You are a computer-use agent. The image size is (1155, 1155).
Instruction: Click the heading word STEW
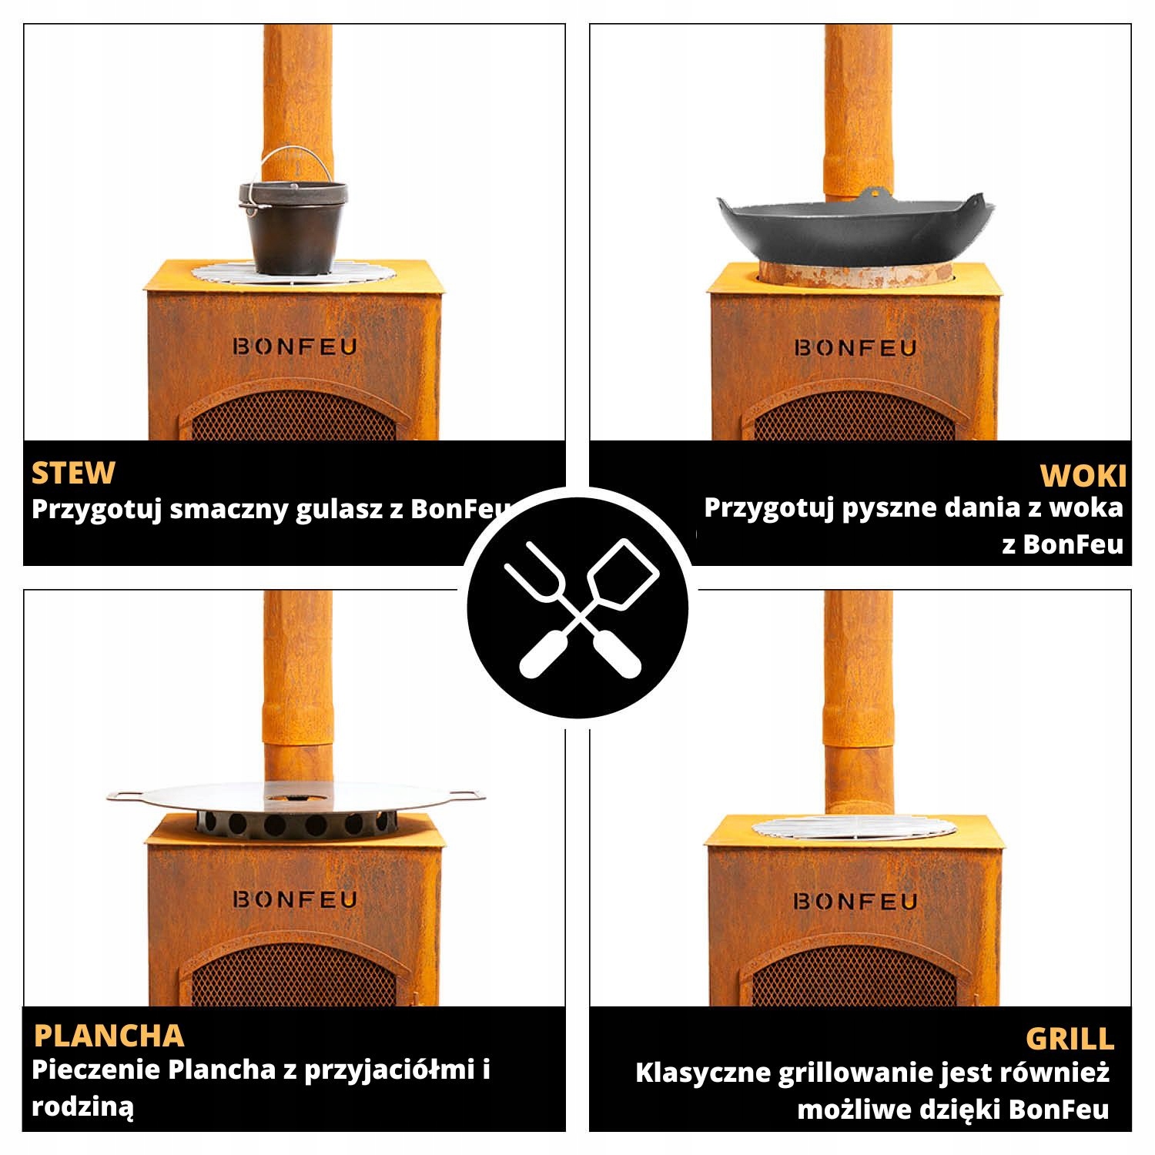pos(73,473)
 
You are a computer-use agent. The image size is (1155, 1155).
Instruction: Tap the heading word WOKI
pos(1083,477)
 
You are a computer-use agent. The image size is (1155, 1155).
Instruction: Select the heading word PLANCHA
pos(109,1036)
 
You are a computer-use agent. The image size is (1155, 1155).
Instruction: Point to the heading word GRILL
pos(1070,1039)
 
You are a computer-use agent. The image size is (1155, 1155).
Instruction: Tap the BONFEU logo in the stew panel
pos(295,346)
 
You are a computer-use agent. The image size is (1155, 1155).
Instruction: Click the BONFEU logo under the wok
pos(855,348)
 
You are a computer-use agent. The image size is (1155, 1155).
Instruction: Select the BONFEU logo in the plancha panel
pos(295,899)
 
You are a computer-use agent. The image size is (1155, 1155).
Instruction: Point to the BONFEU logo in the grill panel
pos(855,901)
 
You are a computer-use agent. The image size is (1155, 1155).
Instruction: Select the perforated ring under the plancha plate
pos(295,823)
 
